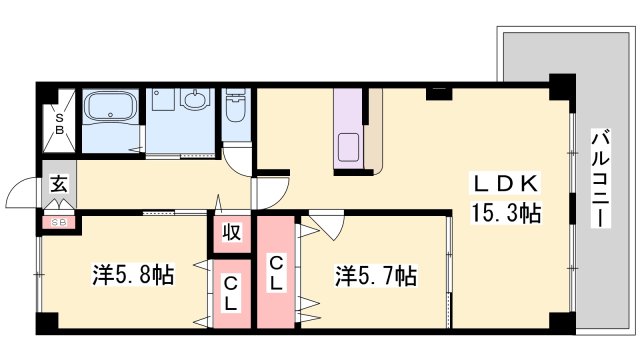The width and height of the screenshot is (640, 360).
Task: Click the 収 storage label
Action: pyautogui.click(x=230, y=234)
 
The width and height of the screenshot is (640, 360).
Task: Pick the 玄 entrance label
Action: pyautogui.click(x=59, y=186)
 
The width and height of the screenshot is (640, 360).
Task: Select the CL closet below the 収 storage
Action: pyautogui.click(x=230, y=293)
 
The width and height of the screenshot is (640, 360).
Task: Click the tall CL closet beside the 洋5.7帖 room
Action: pyautogui.click(x=276, y=272)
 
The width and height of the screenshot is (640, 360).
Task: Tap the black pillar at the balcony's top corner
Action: pyautogui.click(x=562, y=86)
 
